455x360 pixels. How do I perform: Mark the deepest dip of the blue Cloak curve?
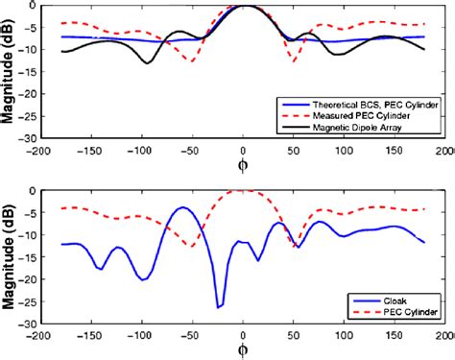pyautogui.click(x=218, y=307)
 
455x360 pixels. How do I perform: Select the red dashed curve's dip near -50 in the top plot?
pyautogui.click(x=193, y=61)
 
